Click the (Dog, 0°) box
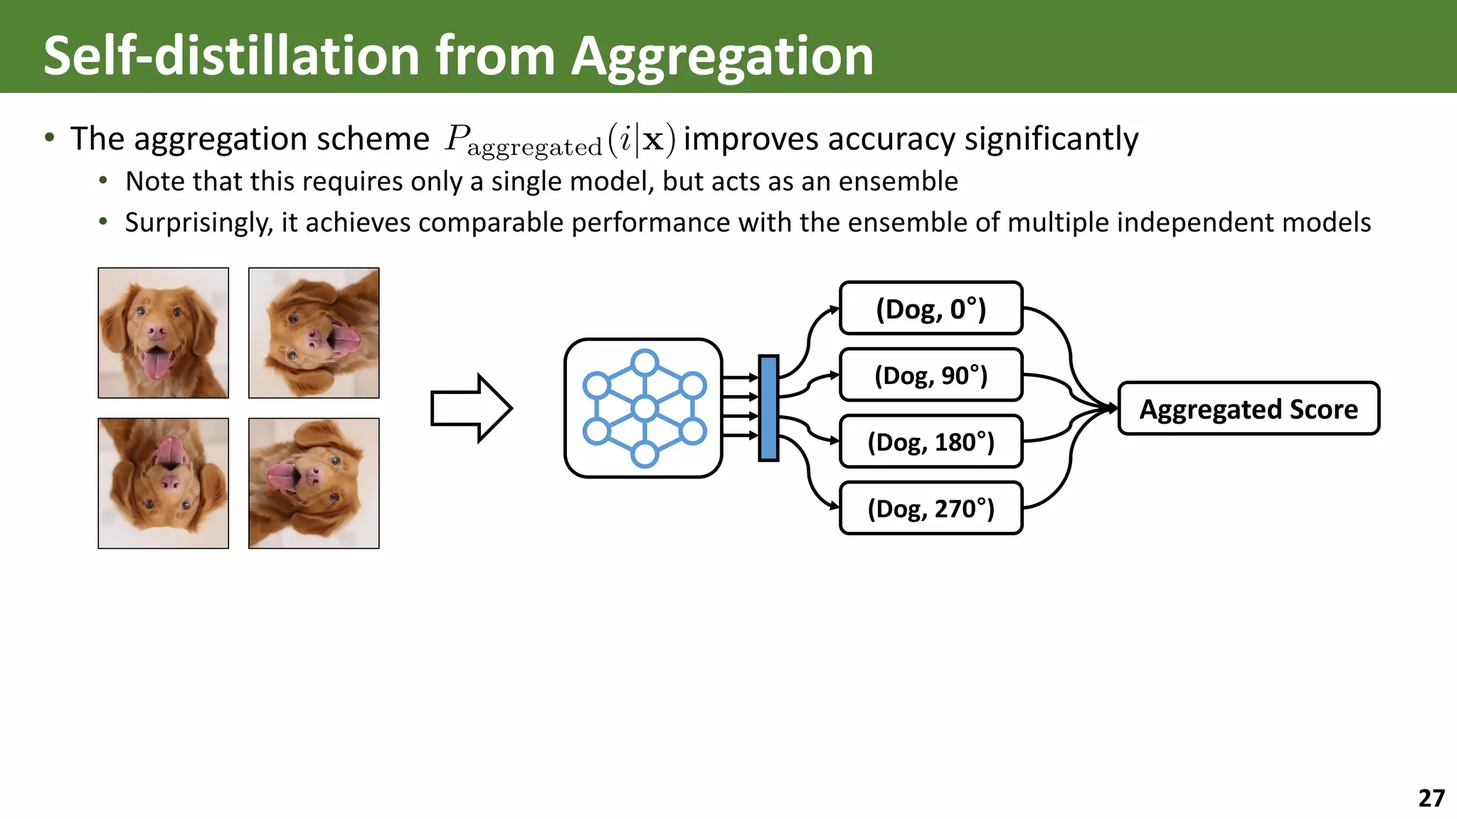click(x=931, y=309)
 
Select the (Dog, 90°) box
click(x=931, y=375)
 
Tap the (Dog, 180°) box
click(x=931, y=441)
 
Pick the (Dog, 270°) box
click(x=931, y=508)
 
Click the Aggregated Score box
click(x=1249, y=409)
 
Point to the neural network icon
click(x=643, y=408)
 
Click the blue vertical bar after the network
click(x=768, y=408)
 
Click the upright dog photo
click(x=164, y=333)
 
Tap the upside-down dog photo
click(x=164, y=483)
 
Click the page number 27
click(x=1431, y=798)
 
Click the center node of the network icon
click(x=645, y=408)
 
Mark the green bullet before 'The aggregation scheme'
click(x=49, y=138)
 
